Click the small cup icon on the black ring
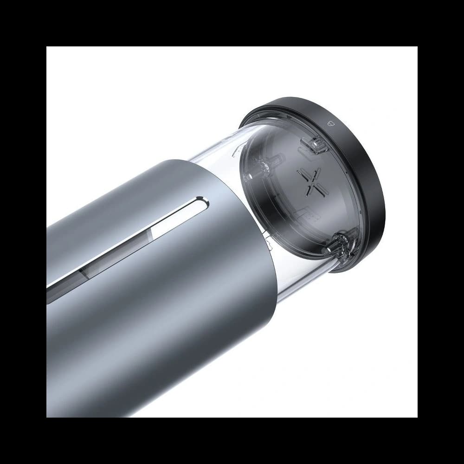[331, 123]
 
